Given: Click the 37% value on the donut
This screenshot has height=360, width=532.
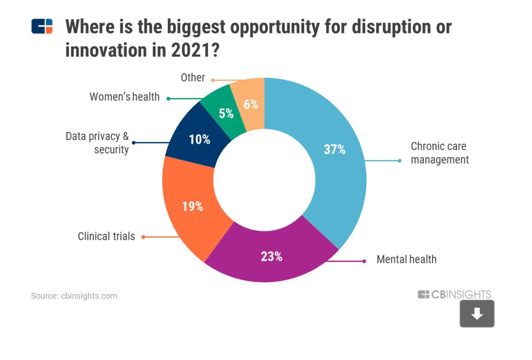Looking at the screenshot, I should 334,149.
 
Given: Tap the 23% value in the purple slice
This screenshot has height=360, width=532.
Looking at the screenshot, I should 271,256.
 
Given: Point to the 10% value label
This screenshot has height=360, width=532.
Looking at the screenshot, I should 199,139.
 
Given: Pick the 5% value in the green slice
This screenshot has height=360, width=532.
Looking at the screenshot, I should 226,113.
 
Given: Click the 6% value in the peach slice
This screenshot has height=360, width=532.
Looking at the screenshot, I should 251,105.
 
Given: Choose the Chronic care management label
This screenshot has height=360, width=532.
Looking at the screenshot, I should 439,153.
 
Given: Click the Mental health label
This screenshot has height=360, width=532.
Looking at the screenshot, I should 406,259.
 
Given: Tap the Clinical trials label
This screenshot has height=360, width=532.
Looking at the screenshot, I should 106,236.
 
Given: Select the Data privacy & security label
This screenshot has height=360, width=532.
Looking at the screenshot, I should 97,143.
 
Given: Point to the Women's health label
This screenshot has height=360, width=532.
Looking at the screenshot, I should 125,97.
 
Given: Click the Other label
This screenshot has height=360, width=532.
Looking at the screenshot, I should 193,78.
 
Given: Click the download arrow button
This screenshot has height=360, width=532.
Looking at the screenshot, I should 477,314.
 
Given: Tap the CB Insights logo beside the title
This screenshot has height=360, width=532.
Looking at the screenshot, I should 42,27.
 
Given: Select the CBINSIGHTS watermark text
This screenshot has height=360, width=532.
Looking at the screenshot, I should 454,294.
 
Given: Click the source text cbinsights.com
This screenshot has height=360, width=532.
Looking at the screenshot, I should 74,296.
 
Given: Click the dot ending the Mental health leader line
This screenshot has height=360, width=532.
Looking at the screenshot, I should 364,261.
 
